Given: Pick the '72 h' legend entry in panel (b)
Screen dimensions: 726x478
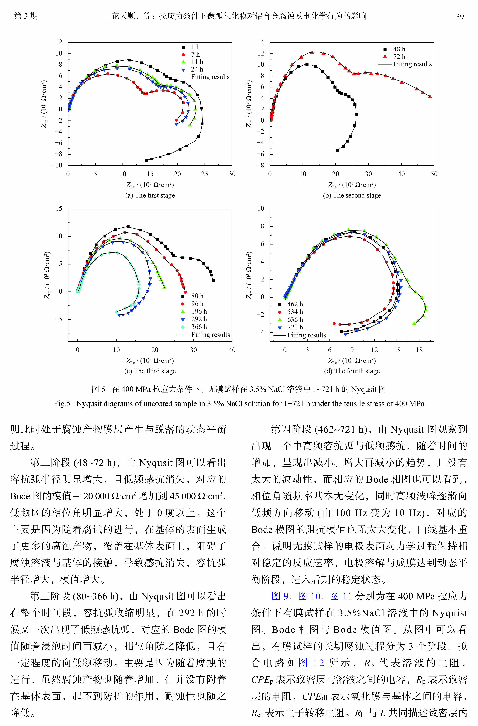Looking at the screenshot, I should (x=399, y=56).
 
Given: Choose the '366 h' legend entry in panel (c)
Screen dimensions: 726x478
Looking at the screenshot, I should (x=199, y=327).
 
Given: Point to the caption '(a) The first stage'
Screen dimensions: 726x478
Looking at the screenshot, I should (x=150, y=195).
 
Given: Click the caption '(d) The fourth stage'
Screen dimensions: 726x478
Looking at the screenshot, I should (x=352, y=371).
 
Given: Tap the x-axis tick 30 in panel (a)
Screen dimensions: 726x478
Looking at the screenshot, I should (x=232, y=174).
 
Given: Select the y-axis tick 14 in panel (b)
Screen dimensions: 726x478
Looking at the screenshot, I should (x=261, y=42).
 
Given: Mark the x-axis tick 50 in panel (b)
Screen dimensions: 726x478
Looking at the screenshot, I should (x=434, y=174).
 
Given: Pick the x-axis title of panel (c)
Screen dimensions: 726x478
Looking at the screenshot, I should (x=150, y=361).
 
